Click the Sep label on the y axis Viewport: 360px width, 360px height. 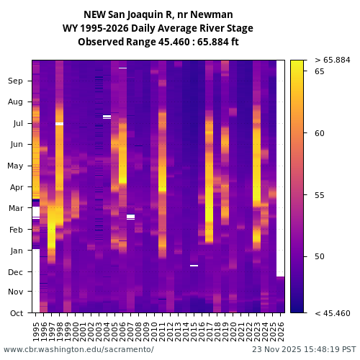[x=16, y=81]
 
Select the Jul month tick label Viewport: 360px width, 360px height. [x=17, y=124]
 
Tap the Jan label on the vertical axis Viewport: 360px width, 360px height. [x=17, y=251]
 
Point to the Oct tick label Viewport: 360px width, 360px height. [x=17, y=313]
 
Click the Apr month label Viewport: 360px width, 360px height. [x=17, y=187]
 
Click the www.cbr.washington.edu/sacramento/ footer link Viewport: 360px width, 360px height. [x=78, y=349]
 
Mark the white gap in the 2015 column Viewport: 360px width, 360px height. [x=194, y=266]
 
